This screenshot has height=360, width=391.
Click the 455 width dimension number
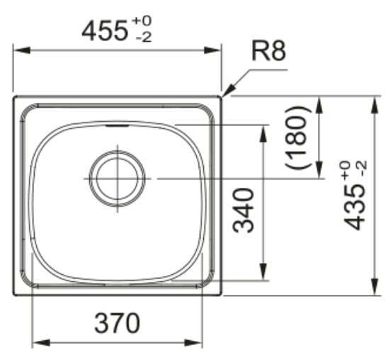click(105, 31)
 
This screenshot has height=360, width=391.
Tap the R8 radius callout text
click(268, 51)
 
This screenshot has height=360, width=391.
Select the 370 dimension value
click(117, 323)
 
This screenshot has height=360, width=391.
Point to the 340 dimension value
click(243, 210)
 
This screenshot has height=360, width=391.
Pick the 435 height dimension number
click(354, 208)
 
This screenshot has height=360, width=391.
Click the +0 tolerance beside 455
click(142, 21)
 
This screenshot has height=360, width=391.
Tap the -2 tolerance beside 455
click(144, 38)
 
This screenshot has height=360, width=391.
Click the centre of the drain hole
click(117, 179)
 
